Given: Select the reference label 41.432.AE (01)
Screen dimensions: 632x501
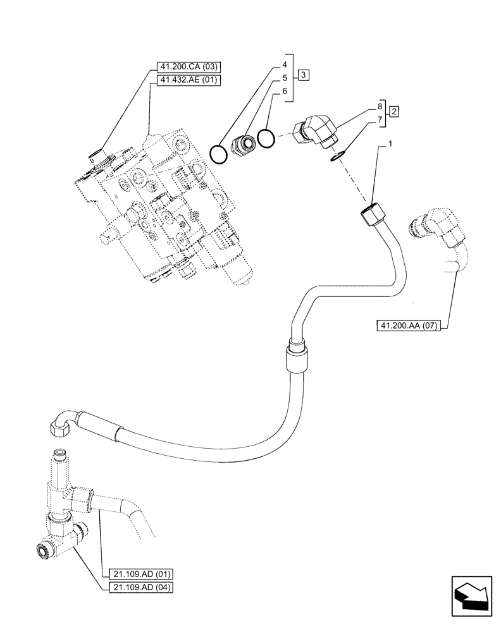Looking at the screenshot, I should coord(187,80).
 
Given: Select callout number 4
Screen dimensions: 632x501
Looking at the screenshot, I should coord(285,64).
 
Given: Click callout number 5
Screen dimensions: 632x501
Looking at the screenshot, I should coord(285,78).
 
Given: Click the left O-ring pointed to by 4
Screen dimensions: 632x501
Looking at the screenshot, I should coord(218,152).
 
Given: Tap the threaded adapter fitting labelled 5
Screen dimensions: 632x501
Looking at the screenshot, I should coord(244,143).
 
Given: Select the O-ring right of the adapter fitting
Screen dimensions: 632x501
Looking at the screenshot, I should coord(266,138).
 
